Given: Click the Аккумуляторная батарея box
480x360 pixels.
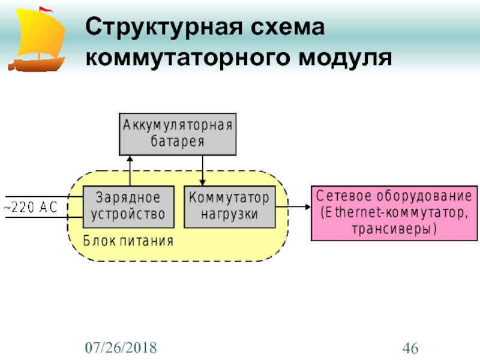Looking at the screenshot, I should click(178, 133).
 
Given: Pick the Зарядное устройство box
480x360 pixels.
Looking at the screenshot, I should click(128, 206).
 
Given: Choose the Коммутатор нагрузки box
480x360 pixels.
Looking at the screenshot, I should click(229, 206).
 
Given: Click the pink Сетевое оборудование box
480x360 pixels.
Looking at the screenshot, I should click(394, 212).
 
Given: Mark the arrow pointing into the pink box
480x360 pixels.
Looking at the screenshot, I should click(293, 206).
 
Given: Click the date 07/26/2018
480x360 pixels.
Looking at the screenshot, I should click(121, 347).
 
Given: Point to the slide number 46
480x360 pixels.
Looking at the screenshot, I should click(410, 347).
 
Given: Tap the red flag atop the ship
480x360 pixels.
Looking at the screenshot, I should click(46, 9).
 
